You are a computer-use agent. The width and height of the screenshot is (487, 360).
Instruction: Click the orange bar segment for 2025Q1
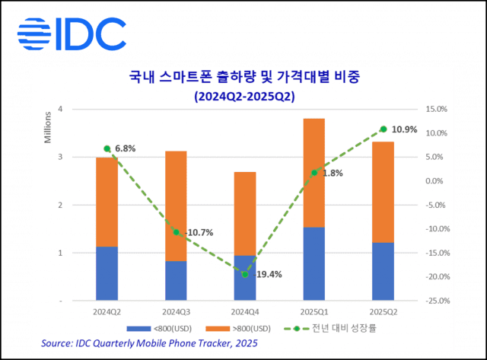pyautogui.click(x=314, y=173)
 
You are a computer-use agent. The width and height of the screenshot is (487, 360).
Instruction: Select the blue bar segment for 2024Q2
pyautogui.click(x=107, y=273)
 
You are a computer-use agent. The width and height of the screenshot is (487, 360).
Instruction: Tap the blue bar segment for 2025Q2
pyautogui.click(x=383, y=271)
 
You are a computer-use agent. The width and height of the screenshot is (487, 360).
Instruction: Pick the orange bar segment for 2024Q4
pyautogui.click(x=244, y=213)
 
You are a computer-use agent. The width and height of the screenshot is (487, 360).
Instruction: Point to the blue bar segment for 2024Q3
pyautogui.click(x=176, y=281)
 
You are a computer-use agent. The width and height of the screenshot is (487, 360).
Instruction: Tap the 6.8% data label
pyautogui.click(x=124, y=149)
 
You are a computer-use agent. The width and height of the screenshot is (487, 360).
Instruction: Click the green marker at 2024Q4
pyautogui.click(x=244, y=274)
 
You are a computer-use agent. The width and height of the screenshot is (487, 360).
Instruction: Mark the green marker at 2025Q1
pyautogui.click(x=314, y=173)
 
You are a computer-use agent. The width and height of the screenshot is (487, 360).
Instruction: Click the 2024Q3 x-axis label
pyautogui.click(x=176, y=311)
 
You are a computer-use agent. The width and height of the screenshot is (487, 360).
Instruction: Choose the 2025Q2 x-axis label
pyautogui.click(x=383, y=311)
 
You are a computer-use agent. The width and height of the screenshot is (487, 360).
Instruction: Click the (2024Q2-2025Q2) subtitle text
pyautogui.click(x=243, y=97)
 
